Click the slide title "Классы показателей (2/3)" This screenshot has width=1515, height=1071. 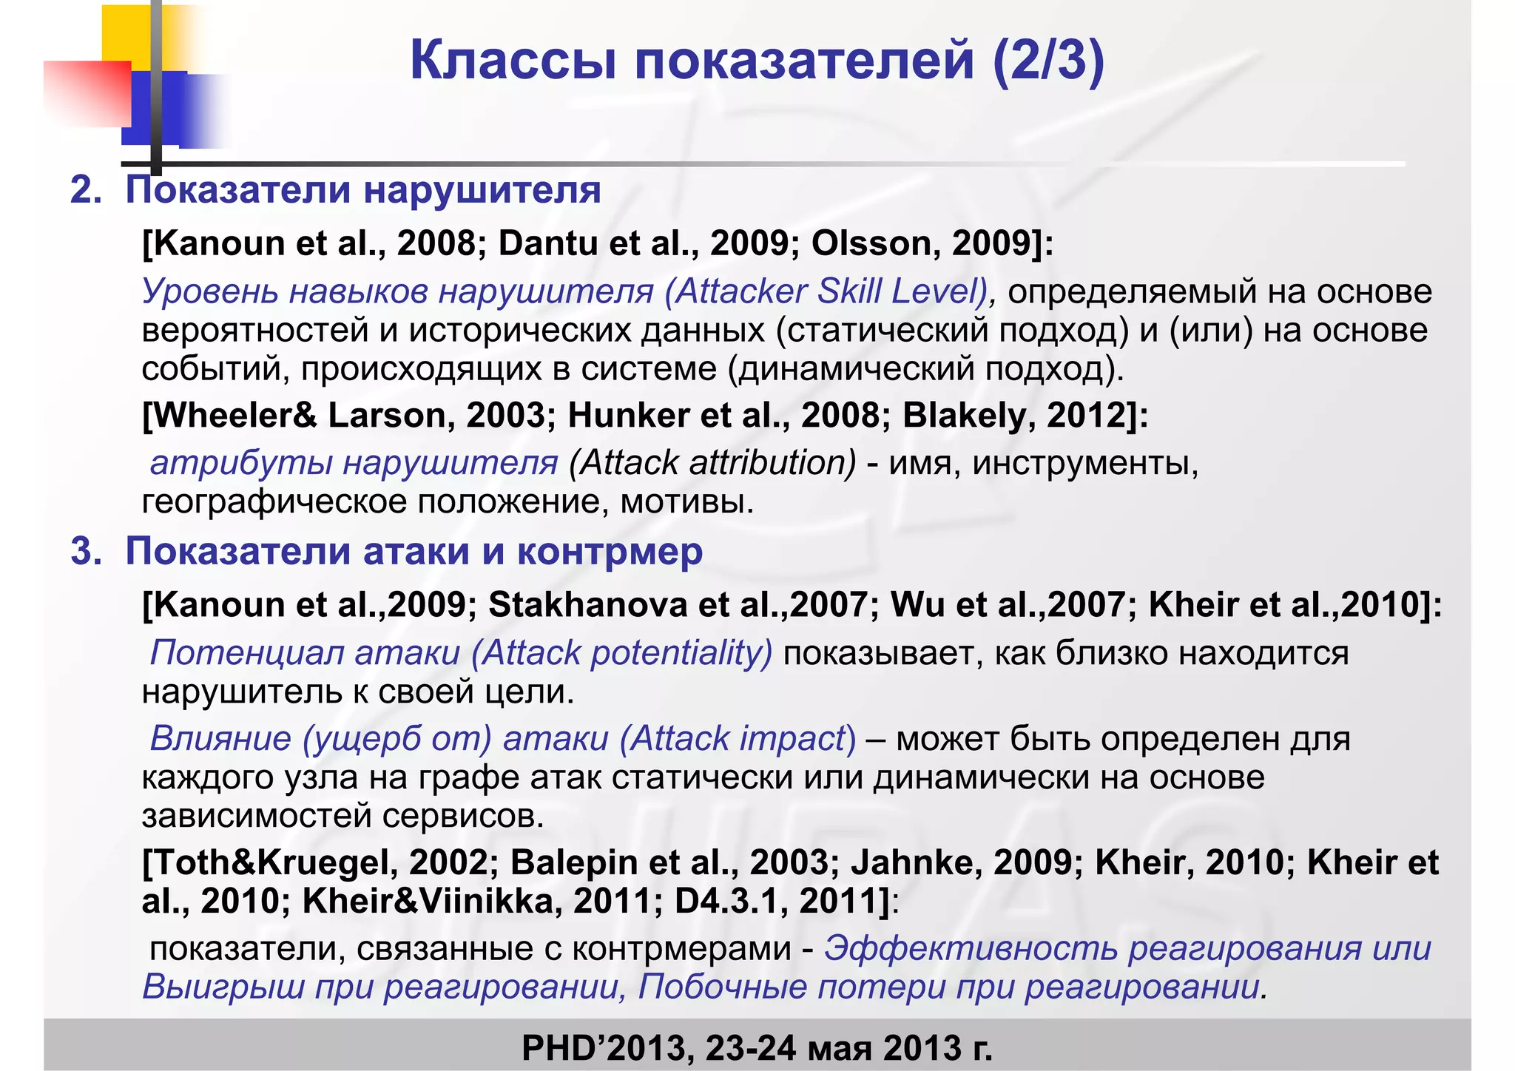pyautogui.click(x=757, y=61)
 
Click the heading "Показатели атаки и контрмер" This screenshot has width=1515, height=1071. pyautogui.click(x=414, y=551)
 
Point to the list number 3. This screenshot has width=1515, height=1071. pyautogui.click(x=84, y=552)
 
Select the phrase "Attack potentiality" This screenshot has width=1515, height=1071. pyautogui.click(x=622, y=653)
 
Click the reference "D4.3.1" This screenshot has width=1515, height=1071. pyautogui.click(x=731, y=901)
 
